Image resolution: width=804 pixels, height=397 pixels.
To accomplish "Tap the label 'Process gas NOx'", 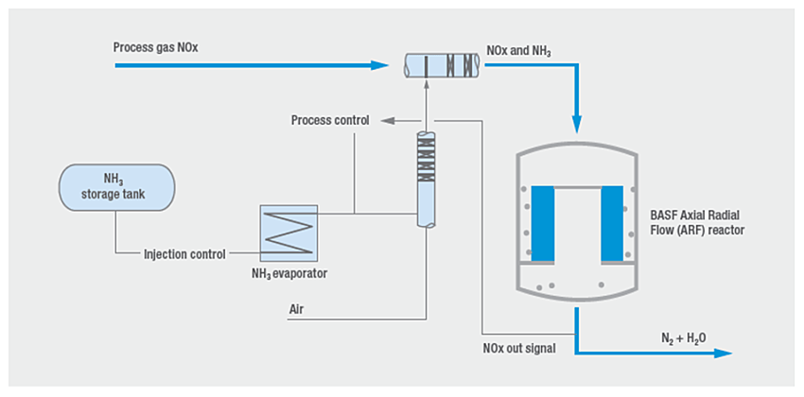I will coord(156,47).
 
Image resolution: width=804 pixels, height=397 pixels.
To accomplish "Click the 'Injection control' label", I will coord(184,253).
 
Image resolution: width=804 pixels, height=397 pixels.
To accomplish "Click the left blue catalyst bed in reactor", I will coord(542,224).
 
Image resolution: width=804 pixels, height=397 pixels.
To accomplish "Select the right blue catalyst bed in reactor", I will coord(612,224).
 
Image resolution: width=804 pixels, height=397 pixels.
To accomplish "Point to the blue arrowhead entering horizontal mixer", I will coord(382,66).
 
